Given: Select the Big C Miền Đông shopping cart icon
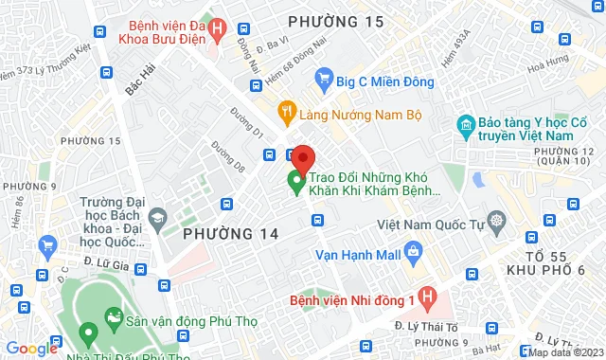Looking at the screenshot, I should pos(325,78).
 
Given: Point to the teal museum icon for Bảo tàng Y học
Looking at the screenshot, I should pos(465,125).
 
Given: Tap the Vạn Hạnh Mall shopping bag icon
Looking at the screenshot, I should pos(412,252).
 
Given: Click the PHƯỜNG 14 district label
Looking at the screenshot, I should pos(231,233).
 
